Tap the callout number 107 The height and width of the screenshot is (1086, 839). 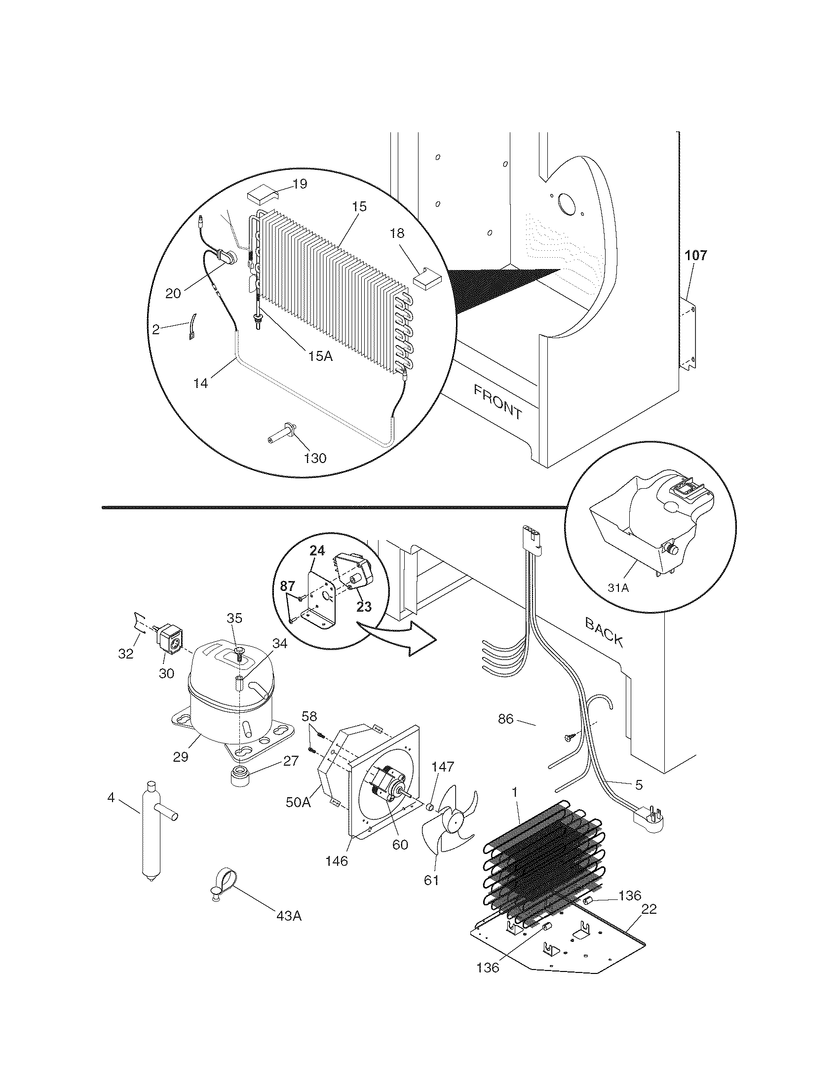point(695,256)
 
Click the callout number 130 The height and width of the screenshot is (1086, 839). point(315,458)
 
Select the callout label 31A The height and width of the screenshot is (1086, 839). point(618,588)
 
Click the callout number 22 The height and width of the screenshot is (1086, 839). point(648,909)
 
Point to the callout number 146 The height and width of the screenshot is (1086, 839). point(337,861)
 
